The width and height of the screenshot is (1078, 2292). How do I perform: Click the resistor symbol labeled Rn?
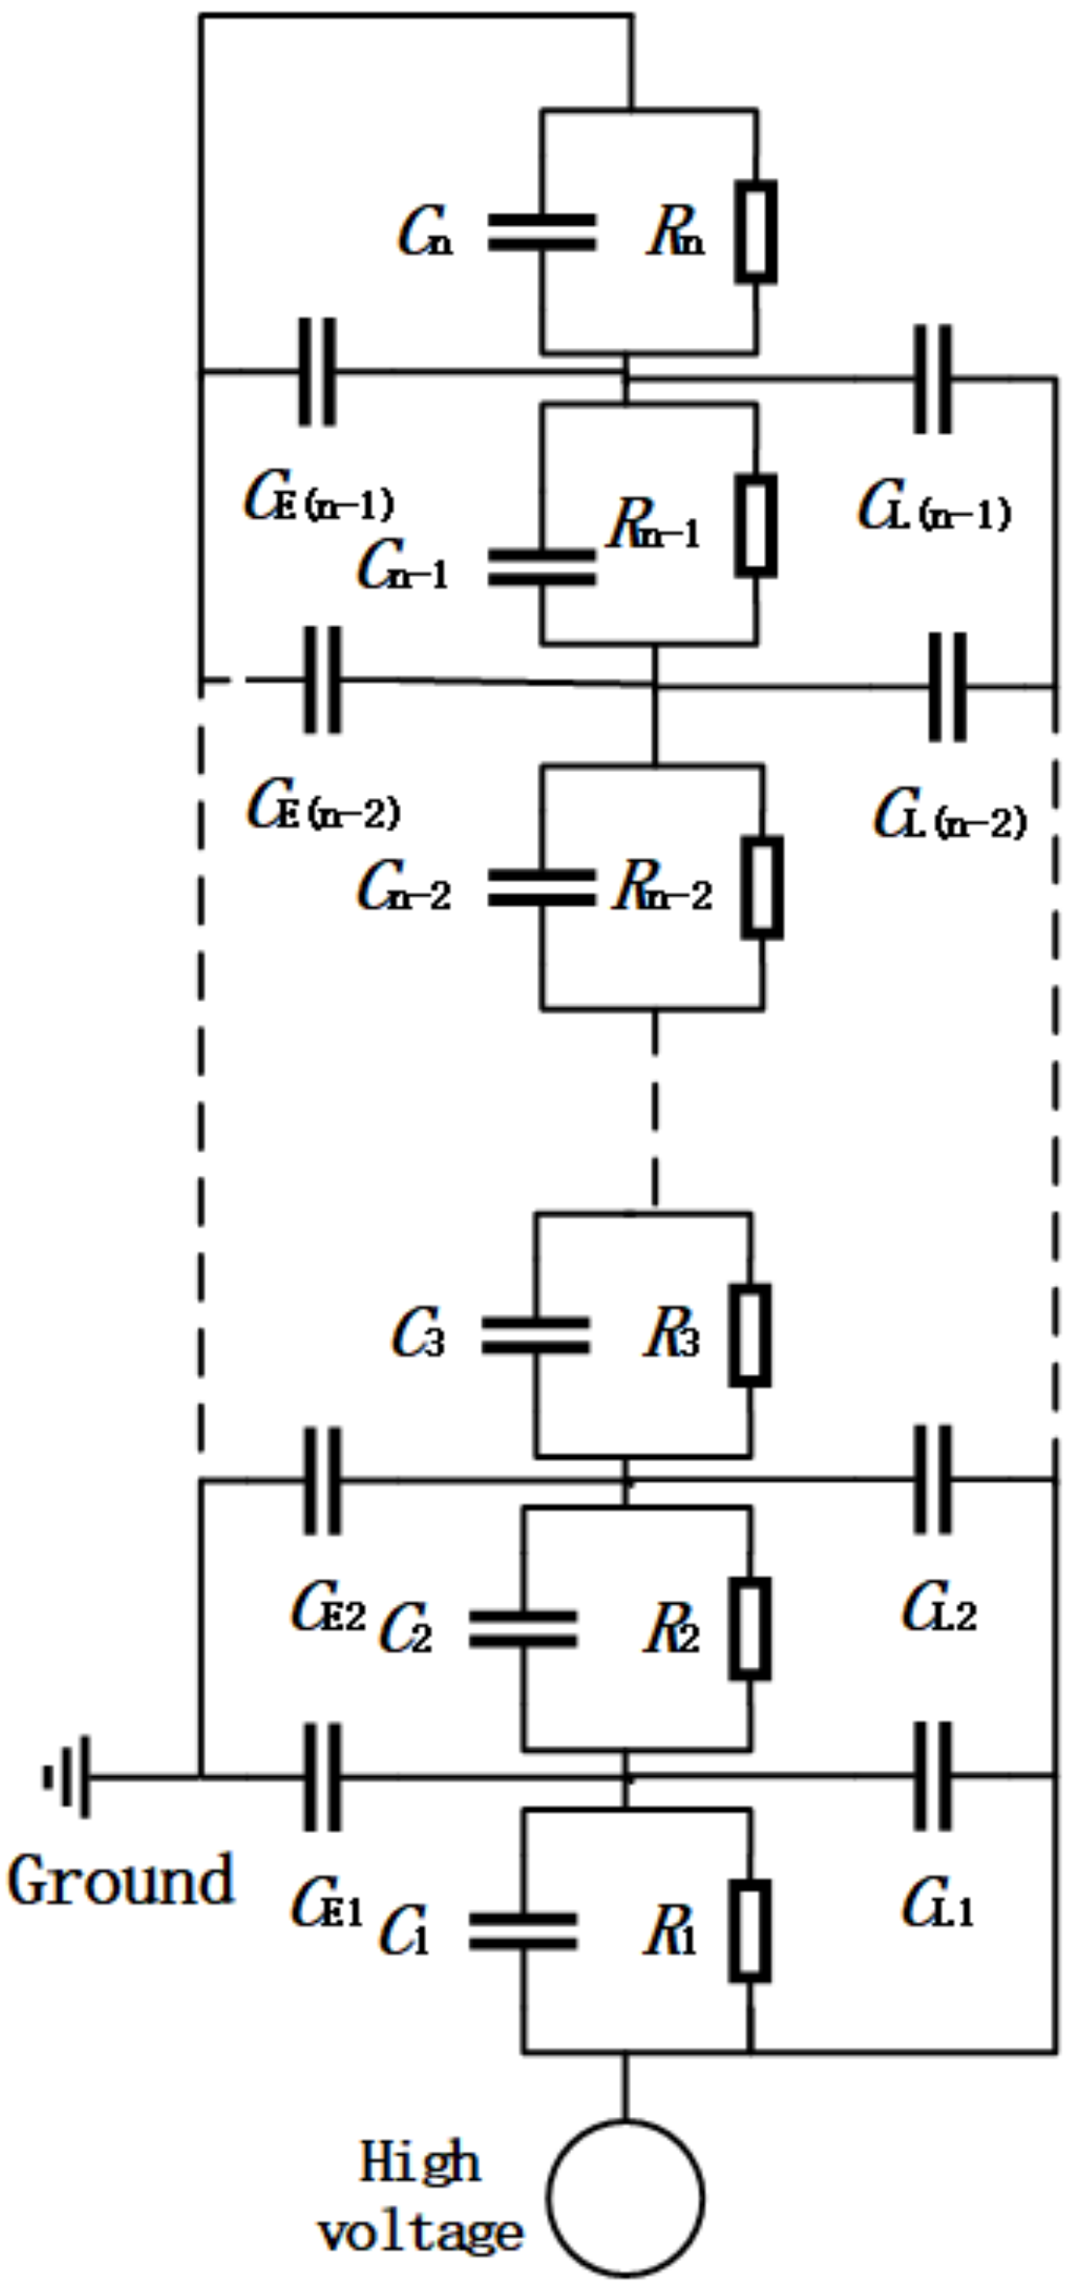(755, 232)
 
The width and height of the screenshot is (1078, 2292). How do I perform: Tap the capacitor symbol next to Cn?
(541, 233)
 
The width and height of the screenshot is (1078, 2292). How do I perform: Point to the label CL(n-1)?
(934, 511)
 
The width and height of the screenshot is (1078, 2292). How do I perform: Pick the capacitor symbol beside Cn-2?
(541, 887)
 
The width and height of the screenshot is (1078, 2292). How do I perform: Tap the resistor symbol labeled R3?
(750, 1335)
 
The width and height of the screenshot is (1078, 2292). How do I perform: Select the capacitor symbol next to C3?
(535, 1335)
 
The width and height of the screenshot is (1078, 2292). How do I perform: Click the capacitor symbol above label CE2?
(322, 1479)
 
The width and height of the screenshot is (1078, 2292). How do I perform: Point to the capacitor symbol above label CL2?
(932, 1479)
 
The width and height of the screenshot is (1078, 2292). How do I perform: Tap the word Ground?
(121, 1880)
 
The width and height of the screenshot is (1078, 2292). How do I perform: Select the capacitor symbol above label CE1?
(322, 1776)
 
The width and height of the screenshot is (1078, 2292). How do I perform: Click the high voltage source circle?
(626, 2197)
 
